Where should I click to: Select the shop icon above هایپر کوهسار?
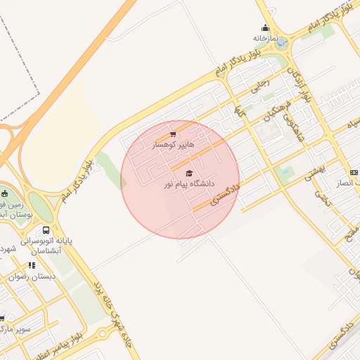173,134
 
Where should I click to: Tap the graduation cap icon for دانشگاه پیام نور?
188,173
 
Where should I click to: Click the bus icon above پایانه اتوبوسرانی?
46,230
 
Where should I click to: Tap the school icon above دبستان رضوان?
32,266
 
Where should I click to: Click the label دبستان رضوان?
32,276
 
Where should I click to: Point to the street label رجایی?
259,86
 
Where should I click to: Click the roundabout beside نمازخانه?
282,44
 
